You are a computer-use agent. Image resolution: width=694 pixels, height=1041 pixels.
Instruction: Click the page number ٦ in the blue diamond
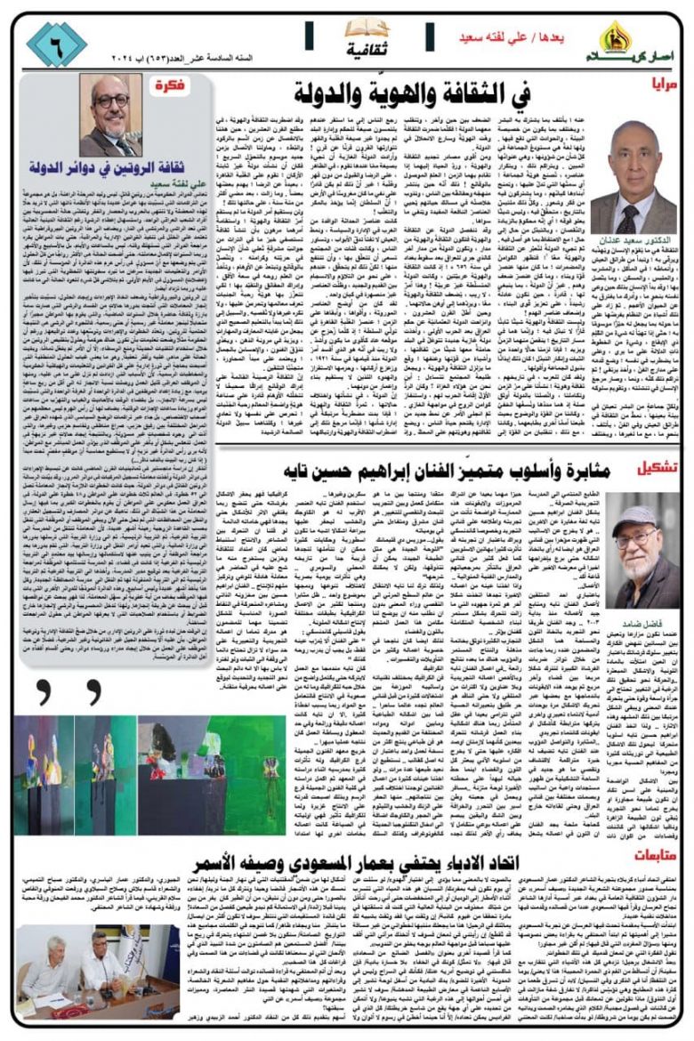(x=56, y=44)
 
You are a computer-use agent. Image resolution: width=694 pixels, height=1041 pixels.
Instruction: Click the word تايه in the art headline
(x=290, y=469)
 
